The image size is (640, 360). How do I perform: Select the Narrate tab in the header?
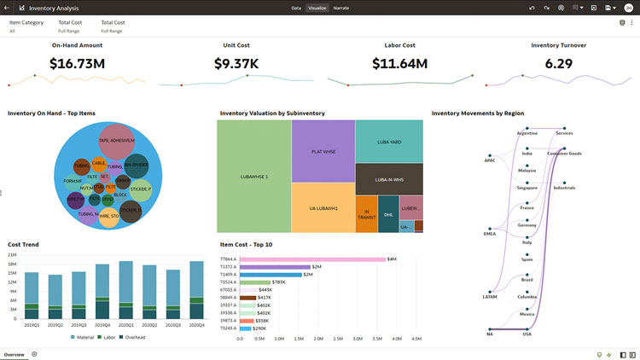click(x=340, y=7)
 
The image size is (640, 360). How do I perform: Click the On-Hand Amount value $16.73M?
click(x=77, y=63)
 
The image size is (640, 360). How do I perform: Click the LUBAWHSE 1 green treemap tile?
click(x=253, y=177)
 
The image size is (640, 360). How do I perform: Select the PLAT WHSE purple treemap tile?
click(x=323, y=153)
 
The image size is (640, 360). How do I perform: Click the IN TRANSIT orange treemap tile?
click(x=365, y=214)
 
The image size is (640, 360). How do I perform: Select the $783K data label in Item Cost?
click(x=278, y=282)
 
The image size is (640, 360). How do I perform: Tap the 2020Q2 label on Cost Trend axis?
click(x=150, y=325)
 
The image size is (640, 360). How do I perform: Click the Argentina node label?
click(x=527, y=133)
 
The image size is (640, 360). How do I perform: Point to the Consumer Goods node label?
click(x=564, y=154)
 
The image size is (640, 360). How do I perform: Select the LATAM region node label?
click(x=490, y=297)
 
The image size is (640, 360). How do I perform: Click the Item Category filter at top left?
click(x=26, y=22)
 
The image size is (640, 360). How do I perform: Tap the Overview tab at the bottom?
click(x=14, y=353)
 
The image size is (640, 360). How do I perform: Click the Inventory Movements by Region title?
click(x=477, y=113)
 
